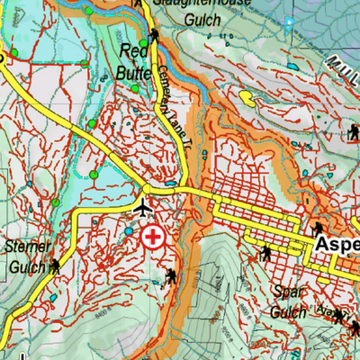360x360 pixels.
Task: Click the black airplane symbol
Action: [141, 209]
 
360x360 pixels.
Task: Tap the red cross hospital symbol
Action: [153, 238]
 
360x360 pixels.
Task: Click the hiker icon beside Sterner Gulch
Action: [57, 266]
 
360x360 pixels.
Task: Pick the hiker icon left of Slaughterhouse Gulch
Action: [156, 36]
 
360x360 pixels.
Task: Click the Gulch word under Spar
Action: [287, 311]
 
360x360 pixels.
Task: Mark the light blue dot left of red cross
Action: [129, 231]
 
